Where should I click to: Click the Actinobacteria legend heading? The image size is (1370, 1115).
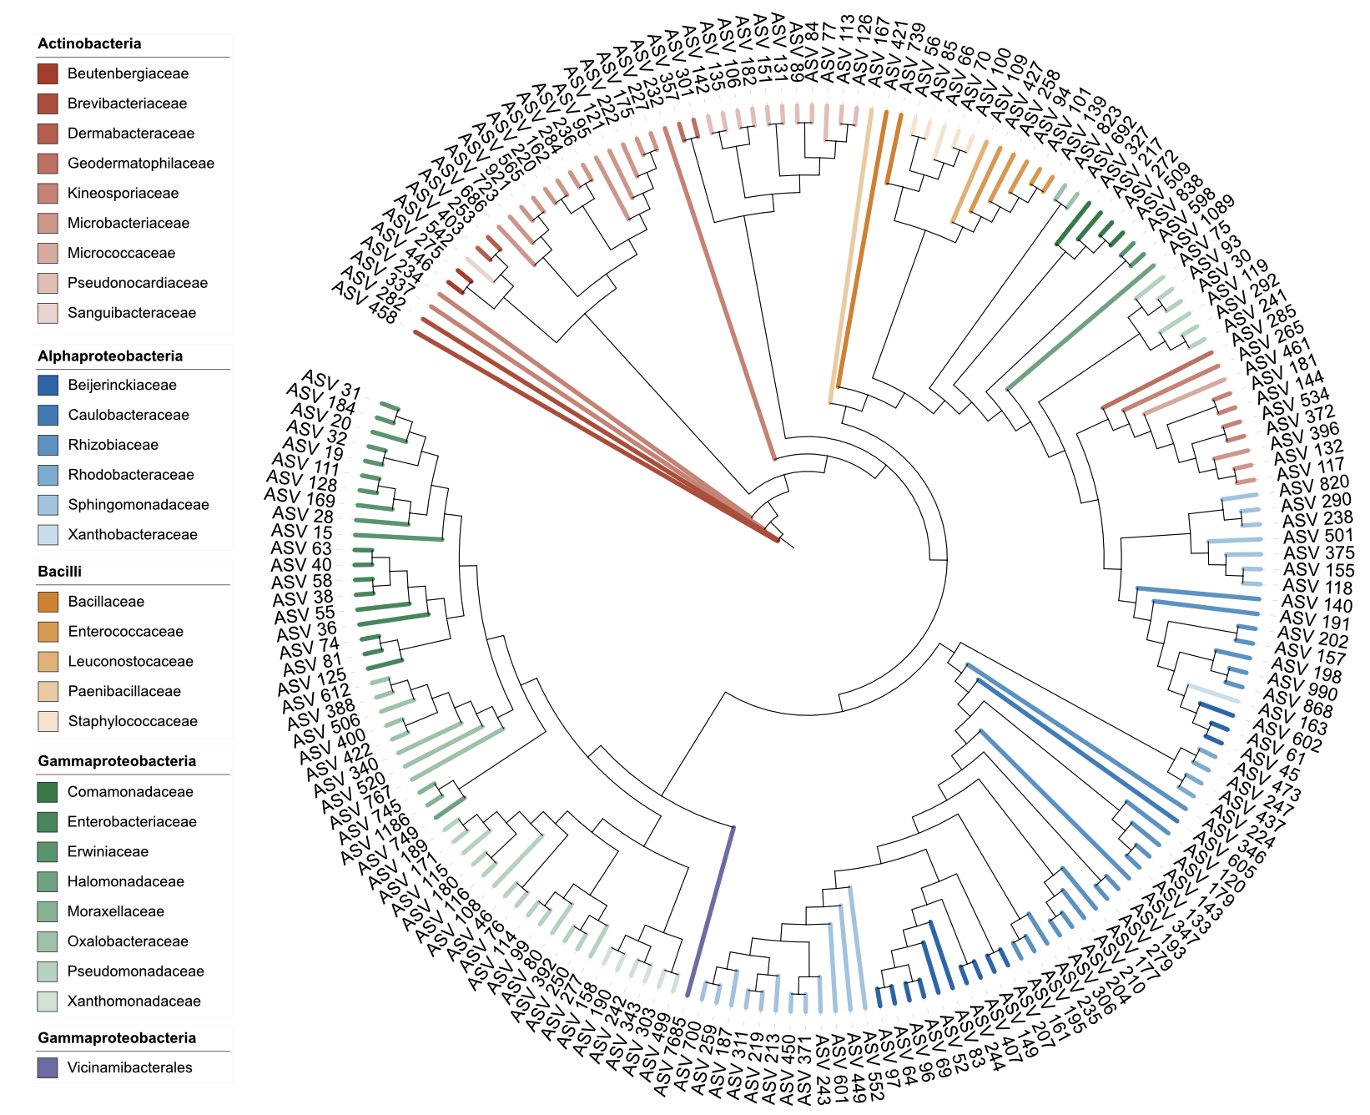pos(89,43)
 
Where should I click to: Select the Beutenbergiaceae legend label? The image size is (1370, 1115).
pos(128,73)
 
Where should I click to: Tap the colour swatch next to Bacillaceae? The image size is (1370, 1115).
pos(48,602)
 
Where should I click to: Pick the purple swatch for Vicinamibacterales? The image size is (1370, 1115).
pos(48,1067)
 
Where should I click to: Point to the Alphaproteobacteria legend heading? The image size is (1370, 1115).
pos(110,356)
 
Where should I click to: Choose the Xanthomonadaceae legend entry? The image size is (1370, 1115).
pos(133,1001)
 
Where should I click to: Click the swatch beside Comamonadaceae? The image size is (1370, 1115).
pos(48,792)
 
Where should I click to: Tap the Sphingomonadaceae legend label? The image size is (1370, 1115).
pos(139,505)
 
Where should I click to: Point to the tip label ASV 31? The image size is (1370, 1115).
pos(332,384)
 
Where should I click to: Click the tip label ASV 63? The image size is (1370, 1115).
pos(301,548)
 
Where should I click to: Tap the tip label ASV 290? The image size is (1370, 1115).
pos(1316,502)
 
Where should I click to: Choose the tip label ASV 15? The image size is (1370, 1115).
pos(302,532)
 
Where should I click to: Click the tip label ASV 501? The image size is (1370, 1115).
pos(1317,536)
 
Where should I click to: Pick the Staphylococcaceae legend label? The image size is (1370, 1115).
pos(133,722)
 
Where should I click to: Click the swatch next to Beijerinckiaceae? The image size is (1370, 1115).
pos(48,386)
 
